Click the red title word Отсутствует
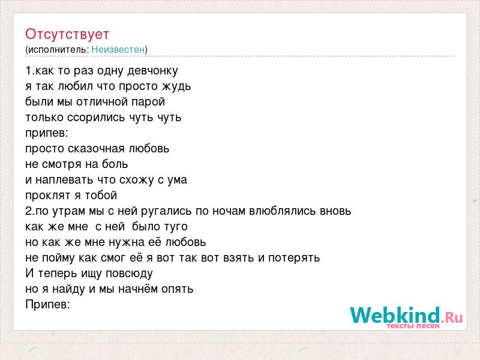tap(67, 34)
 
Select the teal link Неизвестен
tap(118, 49)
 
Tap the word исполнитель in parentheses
tap(58, 50)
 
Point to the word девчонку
tap(152, 71)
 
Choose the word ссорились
tap(96, 118)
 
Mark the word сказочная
tap(96, 149)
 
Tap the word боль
tap(115, 164)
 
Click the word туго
tap(176, 227)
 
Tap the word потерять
tap(294, 258)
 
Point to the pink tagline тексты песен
tap(413, 326)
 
